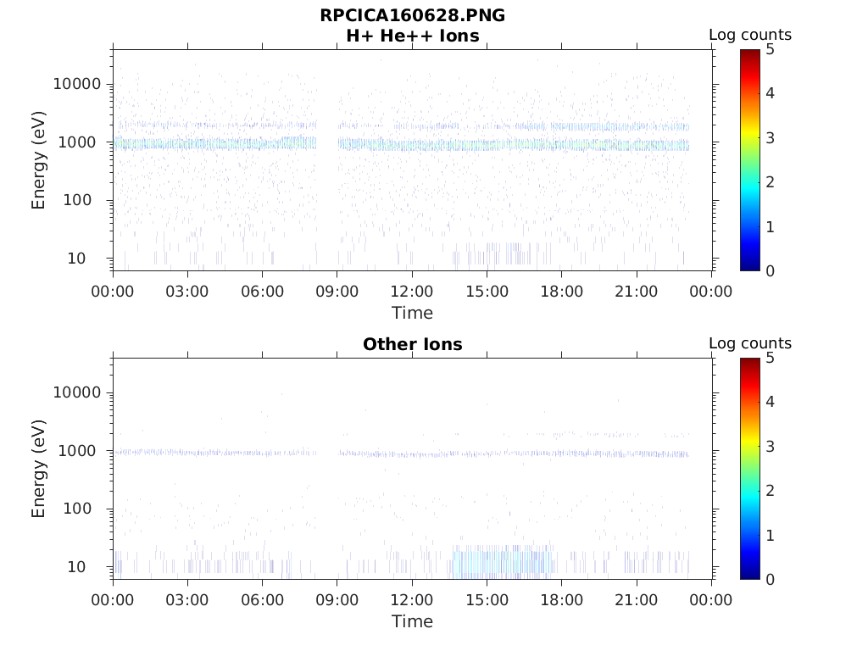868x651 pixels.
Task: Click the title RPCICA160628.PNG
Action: pos(412,15)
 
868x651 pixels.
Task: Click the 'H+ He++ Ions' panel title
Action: pos(412,36)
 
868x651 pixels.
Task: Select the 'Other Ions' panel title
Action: pos(412,345)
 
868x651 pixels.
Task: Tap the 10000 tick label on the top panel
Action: pos(76,84)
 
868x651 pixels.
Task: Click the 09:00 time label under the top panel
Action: pos(337,292)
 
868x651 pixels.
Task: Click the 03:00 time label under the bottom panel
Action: pos(187,600)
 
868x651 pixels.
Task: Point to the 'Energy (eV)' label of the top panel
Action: pos(39,159)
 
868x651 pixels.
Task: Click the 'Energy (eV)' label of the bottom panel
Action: pos(39,468)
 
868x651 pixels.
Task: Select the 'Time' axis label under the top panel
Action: pos(412,313)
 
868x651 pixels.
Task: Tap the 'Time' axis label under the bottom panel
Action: pos(412,621)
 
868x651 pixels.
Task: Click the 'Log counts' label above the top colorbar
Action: pos(749,35)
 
